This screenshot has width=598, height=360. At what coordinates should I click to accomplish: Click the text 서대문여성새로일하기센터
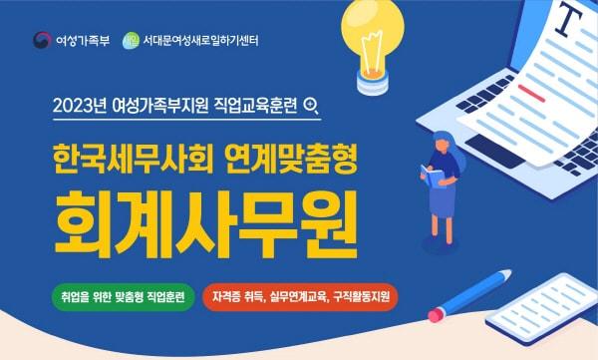[x=199, y=42]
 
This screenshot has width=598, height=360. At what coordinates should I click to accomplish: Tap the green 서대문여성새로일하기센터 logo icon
[x=130, y=42]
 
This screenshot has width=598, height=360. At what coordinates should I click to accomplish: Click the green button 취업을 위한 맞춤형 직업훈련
[x=124, y=296]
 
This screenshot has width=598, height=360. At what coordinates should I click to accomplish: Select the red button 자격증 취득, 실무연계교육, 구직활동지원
[x=299, y=296]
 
